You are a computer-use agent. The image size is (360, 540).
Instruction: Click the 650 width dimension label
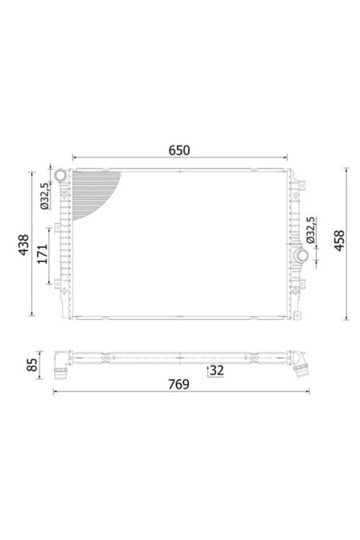[x=179, y=150]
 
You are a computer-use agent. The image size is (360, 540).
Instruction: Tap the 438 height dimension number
[x=24, y=245]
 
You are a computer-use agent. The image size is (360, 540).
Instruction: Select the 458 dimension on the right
[x=339, y=240]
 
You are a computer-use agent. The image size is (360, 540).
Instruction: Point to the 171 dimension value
[x=42, y=254]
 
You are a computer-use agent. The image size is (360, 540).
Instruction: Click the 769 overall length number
[x=179, y=384]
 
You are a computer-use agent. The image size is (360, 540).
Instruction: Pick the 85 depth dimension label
[x=32, y=365]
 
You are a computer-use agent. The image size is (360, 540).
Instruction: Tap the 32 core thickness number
[x=217, y=370]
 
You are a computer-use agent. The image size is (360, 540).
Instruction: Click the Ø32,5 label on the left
[x=45, y=196]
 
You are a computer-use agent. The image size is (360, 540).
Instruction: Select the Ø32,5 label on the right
[x=310, y=230]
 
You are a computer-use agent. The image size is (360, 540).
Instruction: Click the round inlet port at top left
[x=61, y=176]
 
